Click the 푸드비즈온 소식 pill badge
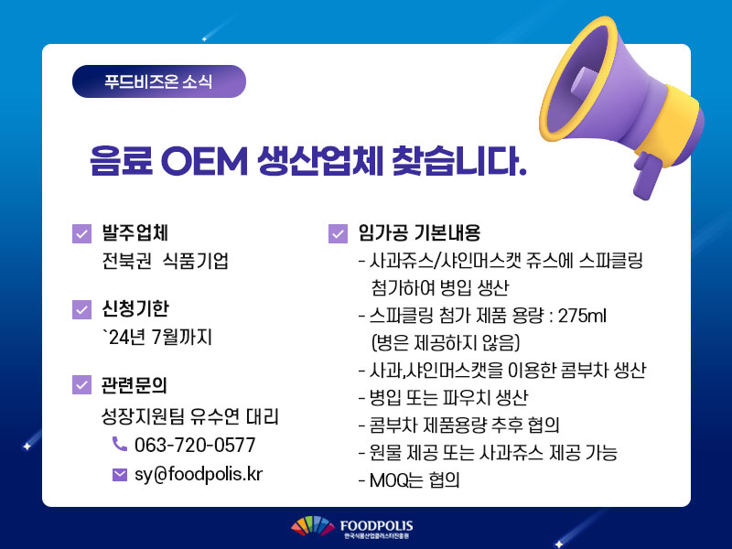coord(158,81)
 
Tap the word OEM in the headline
coord(204,162)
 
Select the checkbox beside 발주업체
coord(81,233)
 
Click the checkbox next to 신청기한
coord(81,309)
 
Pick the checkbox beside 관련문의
coord(81,384)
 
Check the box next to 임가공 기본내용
coord(338,233)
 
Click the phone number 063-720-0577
coord(195,445)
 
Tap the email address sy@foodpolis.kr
coord(199,474)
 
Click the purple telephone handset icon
coord(120,444)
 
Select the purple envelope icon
coord(120,475)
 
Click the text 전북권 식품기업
coord(166,261)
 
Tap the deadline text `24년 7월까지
coord(156,337)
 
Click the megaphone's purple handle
coord(647,176)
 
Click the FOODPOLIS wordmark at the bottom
coord(376,526)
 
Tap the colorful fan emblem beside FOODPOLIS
coord(313,525)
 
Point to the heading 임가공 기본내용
coord(419,233)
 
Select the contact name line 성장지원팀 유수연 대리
coord(190,416)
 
